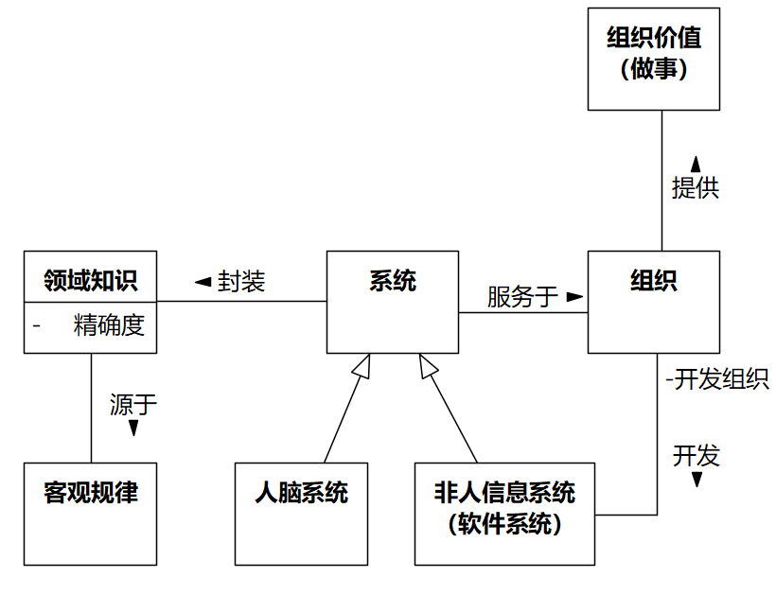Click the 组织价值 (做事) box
(653, 59)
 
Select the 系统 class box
(392, 302)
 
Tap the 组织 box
(653, 302)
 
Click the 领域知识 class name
(91, 280)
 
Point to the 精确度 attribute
(109, 326)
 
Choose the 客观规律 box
(91, 514)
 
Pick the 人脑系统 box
(301, 514)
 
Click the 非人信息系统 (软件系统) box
(504, 514)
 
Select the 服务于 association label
(522, 297)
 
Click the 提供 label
(696, 187)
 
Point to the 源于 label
(133, 405)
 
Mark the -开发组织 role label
(716, 379)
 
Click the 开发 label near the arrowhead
(697, 455)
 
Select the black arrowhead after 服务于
(573, 297)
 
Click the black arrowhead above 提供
(696, 163)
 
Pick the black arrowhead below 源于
(133, 429)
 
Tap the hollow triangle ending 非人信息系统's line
(428, 366)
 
